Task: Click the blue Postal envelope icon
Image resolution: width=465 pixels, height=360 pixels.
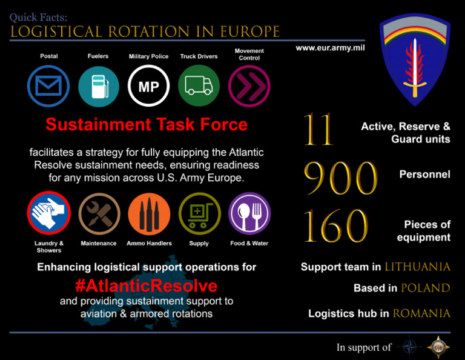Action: coord(48,86)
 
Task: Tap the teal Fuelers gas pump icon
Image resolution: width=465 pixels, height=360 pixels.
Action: coord(99,86)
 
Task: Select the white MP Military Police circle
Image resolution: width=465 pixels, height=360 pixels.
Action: coord(149,86)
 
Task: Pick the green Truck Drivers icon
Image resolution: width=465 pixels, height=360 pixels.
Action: coord(199,86)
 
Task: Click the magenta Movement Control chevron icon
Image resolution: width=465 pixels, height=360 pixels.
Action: coord(249,86)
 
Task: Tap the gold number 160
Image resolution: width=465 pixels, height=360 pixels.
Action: coord(335,225)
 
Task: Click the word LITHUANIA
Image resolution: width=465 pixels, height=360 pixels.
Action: coord(417,267)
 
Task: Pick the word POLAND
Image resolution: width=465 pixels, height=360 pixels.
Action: coord(425,288)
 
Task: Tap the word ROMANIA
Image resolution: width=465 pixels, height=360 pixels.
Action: coord(421,314)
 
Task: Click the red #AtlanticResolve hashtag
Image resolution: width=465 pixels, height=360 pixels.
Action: coord(146,285)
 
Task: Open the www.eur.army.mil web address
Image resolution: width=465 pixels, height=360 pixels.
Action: coord(330,47)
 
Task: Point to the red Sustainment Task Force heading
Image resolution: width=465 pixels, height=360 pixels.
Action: coord(147,125)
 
